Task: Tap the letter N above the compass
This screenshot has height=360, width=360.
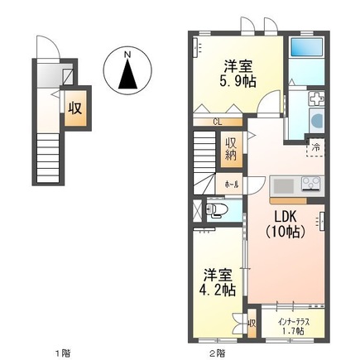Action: coord(127,55)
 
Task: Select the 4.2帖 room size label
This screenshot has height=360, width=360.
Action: coord(216,290)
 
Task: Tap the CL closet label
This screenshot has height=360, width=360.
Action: coord(216,122)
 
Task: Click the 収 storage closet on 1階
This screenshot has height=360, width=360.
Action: coord(75,108)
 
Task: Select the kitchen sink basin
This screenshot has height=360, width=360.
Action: coord(280,184)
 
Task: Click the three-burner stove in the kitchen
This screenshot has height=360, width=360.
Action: coord(311,184)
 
